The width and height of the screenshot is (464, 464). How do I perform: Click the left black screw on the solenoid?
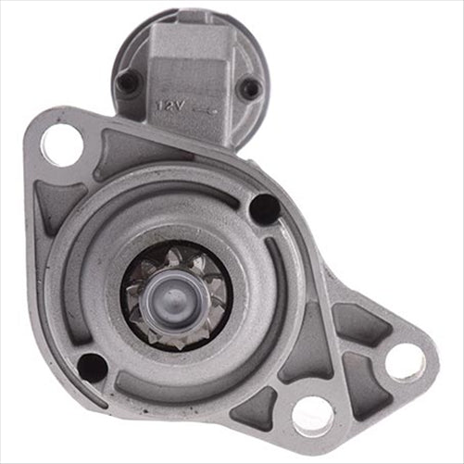(128, 84)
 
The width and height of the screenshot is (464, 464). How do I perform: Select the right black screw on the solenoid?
(249, 89)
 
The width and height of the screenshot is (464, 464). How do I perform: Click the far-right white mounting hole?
(405, 361)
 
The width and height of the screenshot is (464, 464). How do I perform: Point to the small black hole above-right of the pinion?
(264, 209)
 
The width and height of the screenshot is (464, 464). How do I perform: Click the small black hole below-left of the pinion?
(93, 367)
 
